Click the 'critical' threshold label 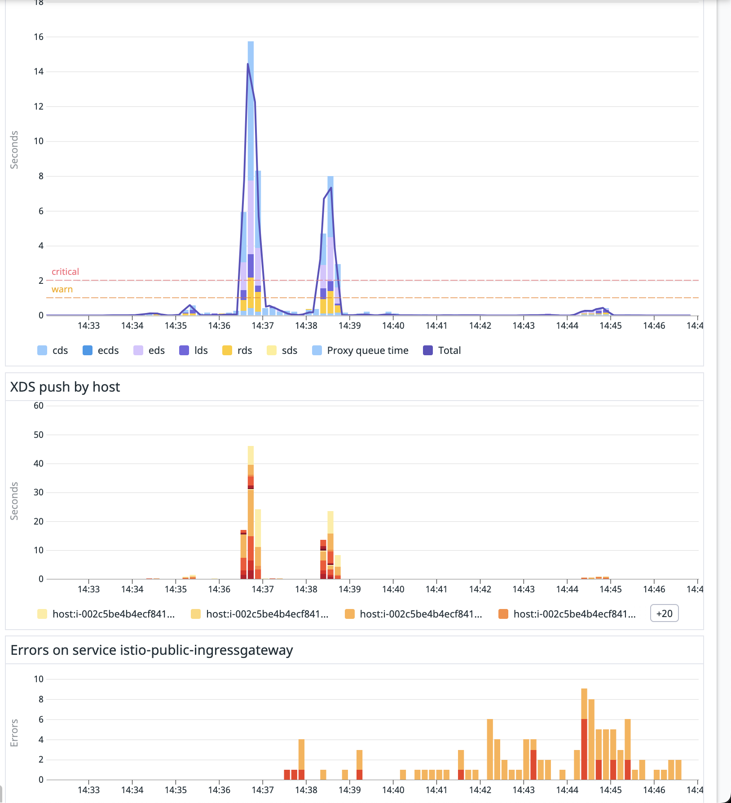(65, 272)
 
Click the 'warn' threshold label (62, 289)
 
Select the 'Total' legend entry (442, 350)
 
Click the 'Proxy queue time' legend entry (361, 350)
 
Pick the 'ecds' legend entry (101, 350)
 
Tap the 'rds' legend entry (238, 350)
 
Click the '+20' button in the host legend (664, 613)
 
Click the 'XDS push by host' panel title (65, 387)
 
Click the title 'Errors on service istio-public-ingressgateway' (152, 650)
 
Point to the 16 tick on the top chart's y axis (39, 37)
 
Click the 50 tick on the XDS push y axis (39, 435)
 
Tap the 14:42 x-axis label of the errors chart (480, 790)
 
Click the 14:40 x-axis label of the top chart (393, 326)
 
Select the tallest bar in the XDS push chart (251, 516)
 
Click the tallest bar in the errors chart (584, 737)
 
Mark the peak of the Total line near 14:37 (248, 64)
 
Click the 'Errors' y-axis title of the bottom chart (14, 733)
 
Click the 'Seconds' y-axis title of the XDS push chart (14, 501)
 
